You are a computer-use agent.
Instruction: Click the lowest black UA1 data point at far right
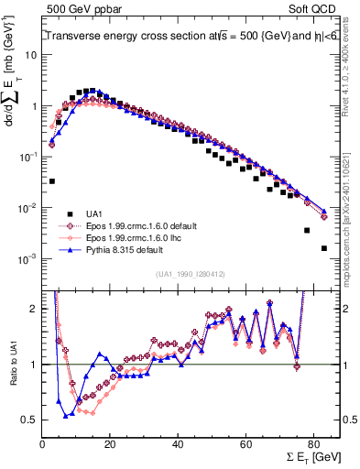pyautogui.click(x=323, y=248)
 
